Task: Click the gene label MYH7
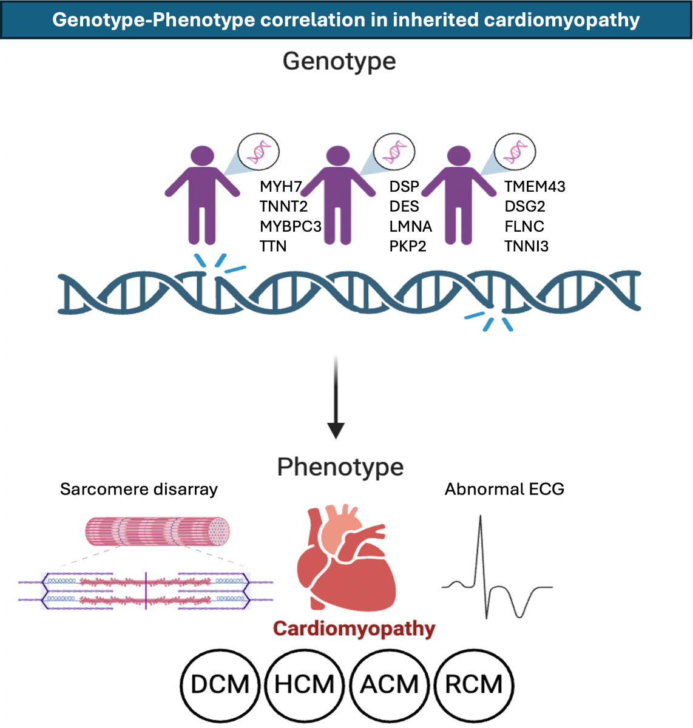coord(280,186)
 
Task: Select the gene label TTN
coord(273,246)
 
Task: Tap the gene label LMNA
coord(411,226)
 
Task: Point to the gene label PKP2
coord(408,246)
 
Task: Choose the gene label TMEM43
coord(535,186)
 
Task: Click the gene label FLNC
coord(524,226)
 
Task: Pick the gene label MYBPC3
coord(291,226)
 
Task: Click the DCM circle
coord(220,684)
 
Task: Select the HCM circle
coord(305,684)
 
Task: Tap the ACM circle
coord(390,684)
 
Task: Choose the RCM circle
coord(474,684)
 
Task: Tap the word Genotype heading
coord(339,61)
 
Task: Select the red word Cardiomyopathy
coord(354,629)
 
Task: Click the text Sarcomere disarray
coord(139,490)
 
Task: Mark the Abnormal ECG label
coord(504,489)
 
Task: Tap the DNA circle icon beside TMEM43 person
coord(515,152)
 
